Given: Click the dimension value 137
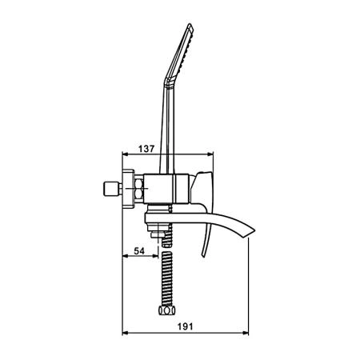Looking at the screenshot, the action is (x=146, y=149).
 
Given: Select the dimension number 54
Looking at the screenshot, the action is (x=139, y=251).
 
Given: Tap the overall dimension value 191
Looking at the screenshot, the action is (x=185, y=326).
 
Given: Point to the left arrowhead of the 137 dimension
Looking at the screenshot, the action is (x=125, y=154).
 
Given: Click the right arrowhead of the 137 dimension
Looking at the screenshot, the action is (x=210, y=154).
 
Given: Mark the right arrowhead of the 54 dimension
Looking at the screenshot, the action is (x=155, y=256).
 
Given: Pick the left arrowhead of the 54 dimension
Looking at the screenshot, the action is (x=125, y=256).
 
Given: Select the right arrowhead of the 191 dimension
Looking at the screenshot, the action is (x=246, y=333).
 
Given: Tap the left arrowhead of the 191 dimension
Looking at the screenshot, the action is (x=125, y=333).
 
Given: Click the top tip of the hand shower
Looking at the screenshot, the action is (x=190, y=24).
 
